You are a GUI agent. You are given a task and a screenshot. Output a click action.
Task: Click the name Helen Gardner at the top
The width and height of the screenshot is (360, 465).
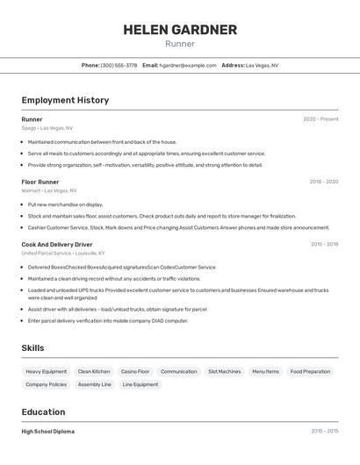click(x=180, y=30)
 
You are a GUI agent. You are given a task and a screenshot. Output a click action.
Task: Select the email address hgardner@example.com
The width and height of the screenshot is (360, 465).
click(x=189, y=65)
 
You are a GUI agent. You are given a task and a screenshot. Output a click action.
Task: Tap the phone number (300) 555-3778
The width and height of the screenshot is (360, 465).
click(x=119, y=65)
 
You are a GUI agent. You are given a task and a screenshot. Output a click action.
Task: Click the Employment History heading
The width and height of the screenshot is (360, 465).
click(x=65, y=100)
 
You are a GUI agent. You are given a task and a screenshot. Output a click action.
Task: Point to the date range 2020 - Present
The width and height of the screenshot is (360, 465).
click(x=320, y=119)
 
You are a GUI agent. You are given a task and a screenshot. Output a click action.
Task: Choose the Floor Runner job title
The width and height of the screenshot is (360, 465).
click(x=40, y=182)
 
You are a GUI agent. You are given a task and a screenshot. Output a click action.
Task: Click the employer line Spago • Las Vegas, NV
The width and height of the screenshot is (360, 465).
click(x=47, y=128)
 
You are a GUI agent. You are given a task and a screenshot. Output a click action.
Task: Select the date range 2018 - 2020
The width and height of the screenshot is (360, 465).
click(x=324, y=182)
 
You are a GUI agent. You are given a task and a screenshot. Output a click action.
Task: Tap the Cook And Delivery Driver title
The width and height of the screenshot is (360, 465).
click(x=57, y=245)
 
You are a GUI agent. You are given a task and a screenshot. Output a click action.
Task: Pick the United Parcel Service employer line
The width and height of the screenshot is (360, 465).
click(x=62, y=254)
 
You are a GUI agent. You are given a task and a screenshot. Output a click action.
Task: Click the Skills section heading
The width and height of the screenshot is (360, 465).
click(x=33, y=348)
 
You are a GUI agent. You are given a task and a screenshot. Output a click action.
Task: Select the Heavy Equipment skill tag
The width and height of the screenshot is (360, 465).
click(x=47, y=372)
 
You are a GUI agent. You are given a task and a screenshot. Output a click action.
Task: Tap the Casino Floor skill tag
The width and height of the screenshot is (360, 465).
click(x=135, y=372)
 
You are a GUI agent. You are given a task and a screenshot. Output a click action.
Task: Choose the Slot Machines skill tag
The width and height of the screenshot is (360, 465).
click(x=224, y=372)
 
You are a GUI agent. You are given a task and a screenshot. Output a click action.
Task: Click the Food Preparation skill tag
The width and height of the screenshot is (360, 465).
click(x=310, y=372)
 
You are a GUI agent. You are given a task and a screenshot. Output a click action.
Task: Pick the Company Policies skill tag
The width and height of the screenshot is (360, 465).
click(x=47, y=384)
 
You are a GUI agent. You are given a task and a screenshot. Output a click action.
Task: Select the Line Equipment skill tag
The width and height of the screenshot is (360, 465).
click(x=140, y=384)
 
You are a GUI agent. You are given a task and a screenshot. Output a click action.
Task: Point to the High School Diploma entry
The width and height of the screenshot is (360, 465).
click(x=48, y=432)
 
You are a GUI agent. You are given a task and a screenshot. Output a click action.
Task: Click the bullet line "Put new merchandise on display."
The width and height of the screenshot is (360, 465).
click(x=65, y=204)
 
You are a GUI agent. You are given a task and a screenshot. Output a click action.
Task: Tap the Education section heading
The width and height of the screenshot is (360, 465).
click(x=44, y=412)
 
